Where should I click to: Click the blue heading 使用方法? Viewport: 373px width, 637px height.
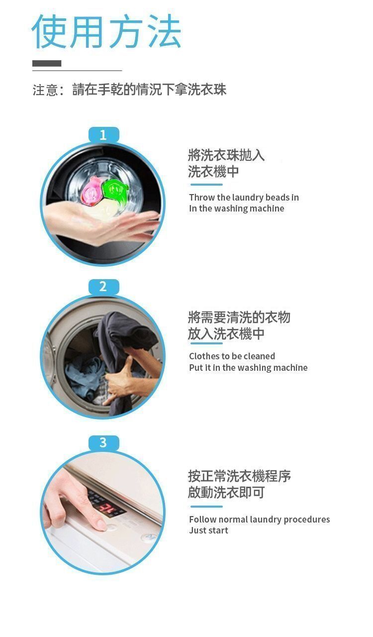click(106, 31)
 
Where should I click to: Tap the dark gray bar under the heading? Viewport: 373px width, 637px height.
click(47, 63)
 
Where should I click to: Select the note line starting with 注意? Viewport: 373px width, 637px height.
click(129, 90)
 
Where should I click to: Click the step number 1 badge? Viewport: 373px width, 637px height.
click(103, 134)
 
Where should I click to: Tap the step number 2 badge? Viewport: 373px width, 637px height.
click(103, 287)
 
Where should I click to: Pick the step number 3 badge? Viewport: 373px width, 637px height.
click(103, 443)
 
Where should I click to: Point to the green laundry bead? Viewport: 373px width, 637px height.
click(115, 190)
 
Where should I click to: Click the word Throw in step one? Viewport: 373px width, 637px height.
click(202, 198)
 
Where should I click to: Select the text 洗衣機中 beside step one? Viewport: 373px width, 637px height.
click(213, 172)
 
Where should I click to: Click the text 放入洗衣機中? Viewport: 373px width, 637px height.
click(226, 333)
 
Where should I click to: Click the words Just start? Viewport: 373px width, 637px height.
click(209, 531)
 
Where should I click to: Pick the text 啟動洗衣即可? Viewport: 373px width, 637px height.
click(226, 492)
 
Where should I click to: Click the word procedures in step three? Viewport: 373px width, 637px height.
click(307, 520)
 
